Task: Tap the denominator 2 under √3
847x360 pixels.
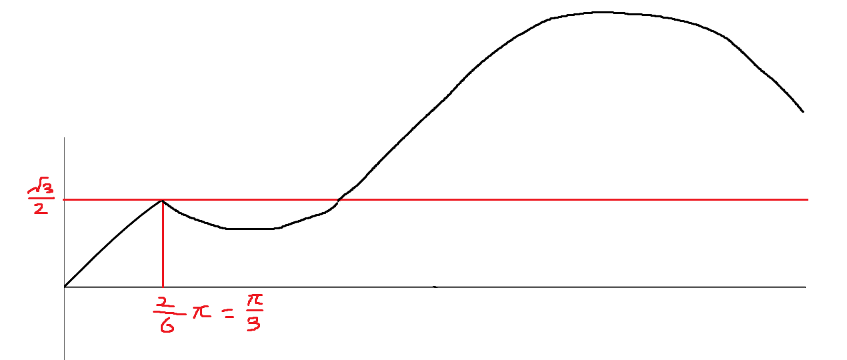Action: coord(40,209)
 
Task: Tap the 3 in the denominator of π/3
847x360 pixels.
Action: coord(253,325)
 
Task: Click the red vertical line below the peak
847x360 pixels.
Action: coord(163,243)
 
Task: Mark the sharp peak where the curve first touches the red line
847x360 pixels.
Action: coord(163,200)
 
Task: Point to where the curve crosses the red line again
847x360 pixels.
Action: coord(339,199)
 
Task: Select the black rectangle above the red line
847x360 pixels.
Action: coord(241,176)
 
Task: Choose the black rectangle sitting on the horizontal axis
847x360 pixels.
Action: coord(452,253)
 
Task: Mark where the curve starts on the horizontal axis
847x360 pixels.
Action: coord(65,287)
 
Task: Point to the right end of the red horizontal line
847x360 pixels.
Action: coord(806,199)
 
